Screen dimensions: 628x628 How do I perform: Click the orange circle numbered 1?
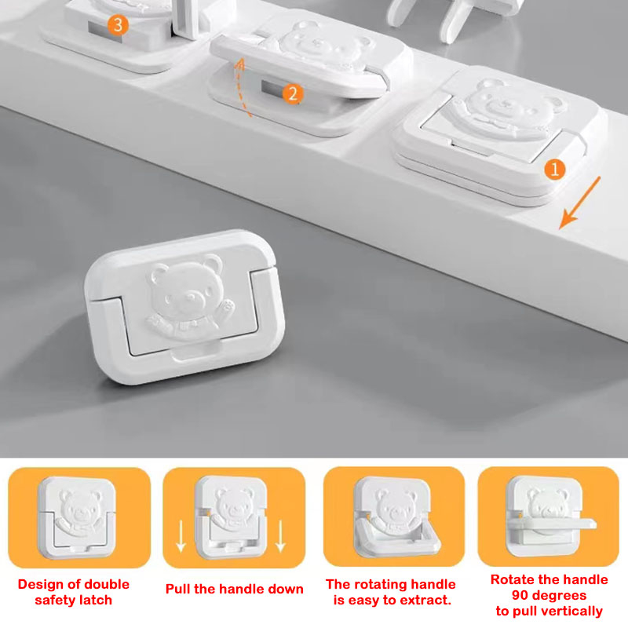click(555, 170)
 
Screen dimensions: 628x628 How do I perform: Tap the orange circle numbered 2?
click(293, 93)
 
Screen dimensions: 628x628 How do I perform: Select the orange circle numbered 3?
click(118, 25)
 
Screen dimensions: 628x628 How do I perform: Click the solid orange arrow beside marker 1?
click(579, 203)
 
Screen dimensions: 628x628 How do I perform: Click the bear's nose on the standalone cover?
click(189, 298)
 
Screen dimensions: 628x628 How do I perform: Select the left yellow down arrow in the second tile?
click(181, 535)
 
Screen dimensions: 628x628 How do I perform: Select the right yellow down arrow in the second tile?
click(280, 535)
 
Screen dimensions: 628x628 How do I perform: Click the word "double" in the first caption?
click(105, 584)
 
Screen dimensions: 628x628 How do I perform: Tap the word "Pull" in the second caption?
click(178, 589)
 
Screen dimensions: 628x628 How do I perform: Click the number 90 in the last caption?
click(520, 595)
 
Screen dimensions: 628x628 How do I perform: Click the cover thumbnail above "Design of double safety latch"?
click(77, 517)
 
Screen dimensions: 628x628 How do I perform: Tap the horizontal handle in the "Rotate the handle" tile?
click(552, 524)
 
